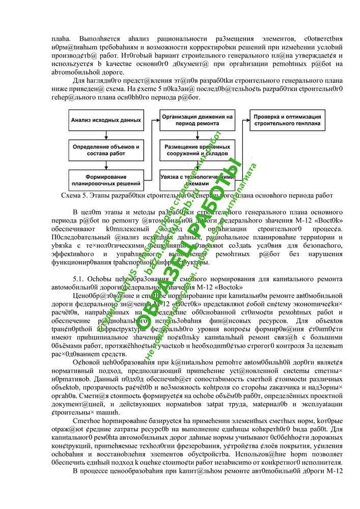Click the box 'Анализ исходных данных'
point(106,121)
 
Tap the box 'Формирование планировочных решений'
point(106,179)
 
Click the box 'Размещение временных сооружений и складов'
point(198,150)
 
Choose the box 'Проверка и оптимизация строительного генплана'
point(287,120)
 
